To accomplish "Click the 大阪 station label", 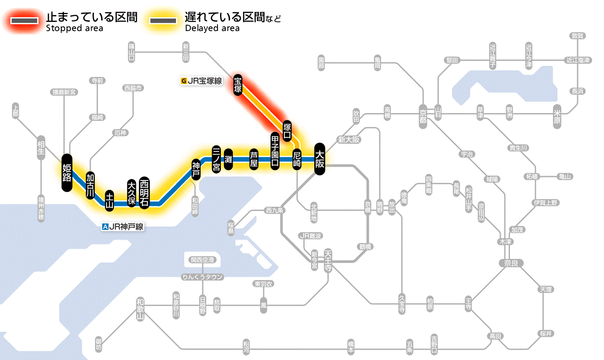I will (x=320, y=159).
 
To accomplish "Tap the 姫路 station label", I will (x=67, y=173).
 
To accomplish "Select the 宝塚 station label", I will (x=238, y=85).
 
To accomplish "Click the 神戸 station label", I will (x=196, y=169).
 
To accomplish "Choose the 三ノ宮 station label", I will (x=217, y=159).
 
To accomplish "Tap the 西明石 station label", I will (x=144, y=193).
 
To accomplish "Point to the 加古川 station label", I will (x=90, y=186).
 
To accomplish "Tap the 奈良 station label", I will (x=510, y=262).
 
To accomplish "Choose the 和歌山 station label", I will (x=140, y=309).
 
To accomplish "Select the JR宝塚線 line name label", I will (x=202, y=80).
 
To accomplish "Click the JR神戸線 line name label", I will (x=123, y=226).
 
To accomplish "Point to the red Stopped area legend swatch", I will (x=25, y=21).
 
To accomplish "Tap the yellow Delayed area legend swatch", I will (x=163, y=21).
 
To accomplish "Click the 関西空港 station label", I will (x=202, y=260).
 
